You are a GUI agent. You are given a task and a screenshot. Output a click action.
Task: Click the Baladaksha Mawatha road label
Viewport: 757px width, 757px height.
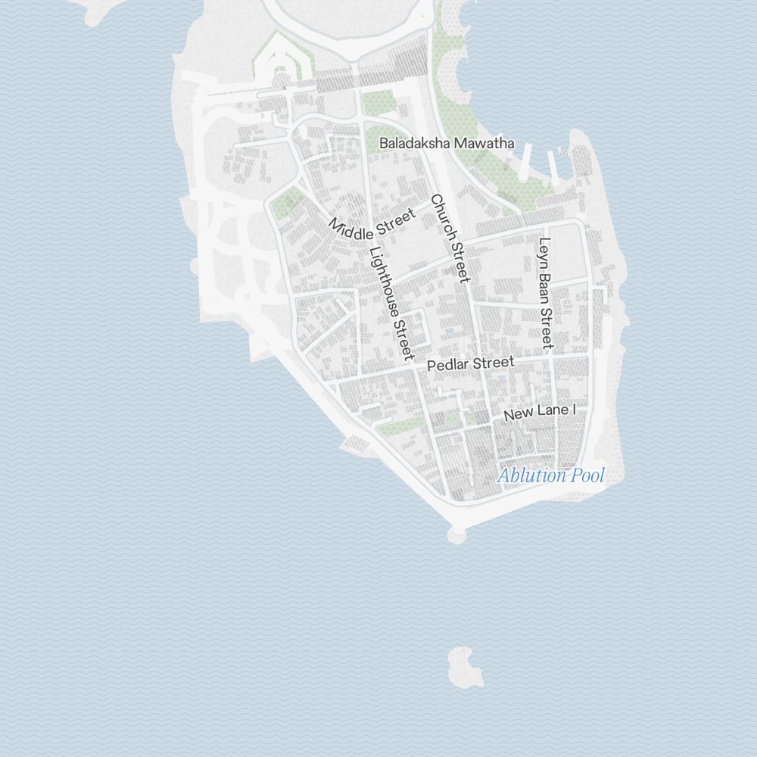[x=447, y=143]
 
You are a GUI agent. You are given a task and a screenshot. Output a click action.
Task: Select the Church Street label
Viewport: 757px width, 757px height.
[x=450, y=238]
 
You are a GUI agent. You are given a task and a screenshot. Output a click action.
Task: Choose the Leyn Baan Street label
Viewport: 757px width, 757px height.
[x=545, y=293]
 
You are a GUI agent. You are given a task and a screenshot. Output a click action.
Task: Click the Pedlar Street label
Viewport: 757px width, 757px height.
[x=470, y=364]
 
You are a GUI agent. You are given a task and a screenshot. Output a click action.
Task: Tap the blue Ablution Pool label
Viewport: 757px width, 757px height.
[x=551, y=475]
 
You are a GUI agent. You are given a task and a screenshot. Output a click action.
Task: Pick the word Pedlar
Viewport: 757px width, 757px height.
[x=449, y=366]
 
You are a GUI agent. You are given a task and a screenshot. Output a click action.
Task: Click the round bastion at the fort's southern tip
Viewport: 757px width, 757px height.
[x=456, y=535]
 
